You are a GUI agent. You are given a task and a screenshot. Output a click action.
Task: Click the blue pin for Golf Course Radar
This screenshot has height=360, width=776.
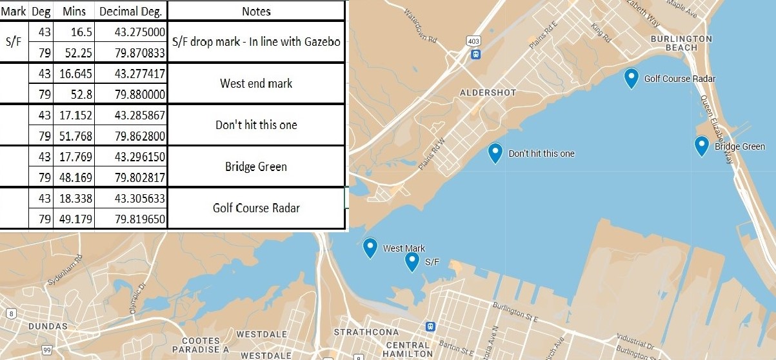tap(632, 77)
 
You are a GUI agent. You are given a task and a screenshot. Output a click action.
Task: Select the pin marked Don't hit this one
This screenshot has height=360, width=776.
tap(495, 152)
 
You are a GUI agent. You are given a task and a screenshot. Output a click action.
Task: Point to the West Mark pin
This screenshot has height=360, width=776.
tap(370, 247)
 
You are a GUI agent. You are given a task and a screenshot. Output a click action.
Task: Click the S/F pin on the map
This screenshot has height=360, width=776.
tap(412, 261)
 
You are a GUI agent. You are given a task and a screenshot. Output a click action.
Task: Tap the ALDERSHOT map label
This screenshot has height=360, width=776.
tap(488, 93)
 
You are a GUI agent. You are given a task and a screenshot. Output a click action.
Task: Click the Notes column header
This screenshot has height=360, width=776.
tap(256, 11)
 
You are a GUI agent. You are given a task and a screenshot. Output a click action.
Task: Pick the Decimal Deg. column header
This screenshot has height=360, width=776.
tap(131, 11)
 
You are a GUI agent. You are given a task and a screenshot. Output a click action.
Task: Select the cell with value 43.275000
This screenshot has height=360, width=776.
tap(131, 31)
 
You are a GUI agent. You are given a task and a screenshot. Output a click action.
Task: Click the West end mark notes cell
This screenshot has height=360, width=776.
tap(256, 83)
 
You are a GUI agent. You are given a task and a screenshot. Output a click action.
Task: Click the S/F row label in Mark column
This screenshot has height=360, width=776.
tap(14, 41)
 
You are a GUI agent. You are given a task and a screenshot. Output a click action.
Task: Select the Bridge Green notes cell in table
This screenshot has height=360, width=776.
tap(256, 166)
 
